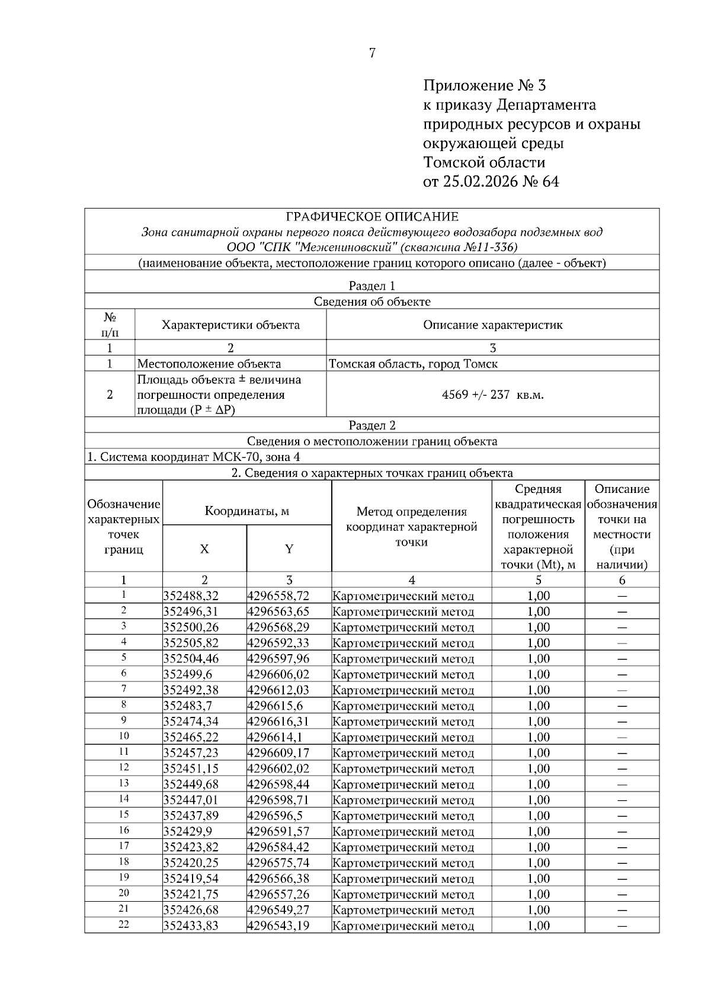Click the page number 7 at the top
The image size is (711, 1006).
click(x=372, y=53)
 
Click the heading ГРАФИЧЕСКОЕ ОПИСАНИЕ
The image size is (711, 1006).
click(x=372, y=217)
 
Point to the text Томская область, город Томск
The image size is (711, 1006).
click(x=413, y=364)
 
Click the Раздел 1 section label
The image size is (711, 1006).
click(x=372, y=286)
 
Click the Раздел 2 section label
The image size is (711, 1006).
click(x=372, y=425)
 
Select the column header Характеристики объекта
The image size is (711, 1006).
click(x=230, y=325)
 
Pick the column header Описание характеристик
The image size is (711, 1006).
click(x=492, y=325)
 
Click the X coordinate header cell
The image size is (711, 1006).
click(x=204, y=549)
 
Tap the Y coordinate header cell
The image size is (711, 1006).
click(x=289, y=549)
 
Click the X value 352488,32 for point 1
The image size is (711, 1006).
click(x=191, y=596)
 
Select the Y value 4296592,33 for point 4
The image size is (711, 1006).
click(x=278, y=643)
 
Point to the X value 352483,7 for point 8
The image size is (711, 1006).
click(x=187, y=706)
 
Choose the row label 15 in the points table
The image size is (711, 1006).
click(x=124, y=815)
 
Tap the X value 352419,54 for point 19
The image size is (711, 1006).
click(x=191, y=879)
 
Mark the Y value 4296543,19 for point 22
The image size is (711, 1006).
click(x=278, y=925)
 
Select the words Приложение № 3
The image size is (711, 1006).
click(x=483, y=85)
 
